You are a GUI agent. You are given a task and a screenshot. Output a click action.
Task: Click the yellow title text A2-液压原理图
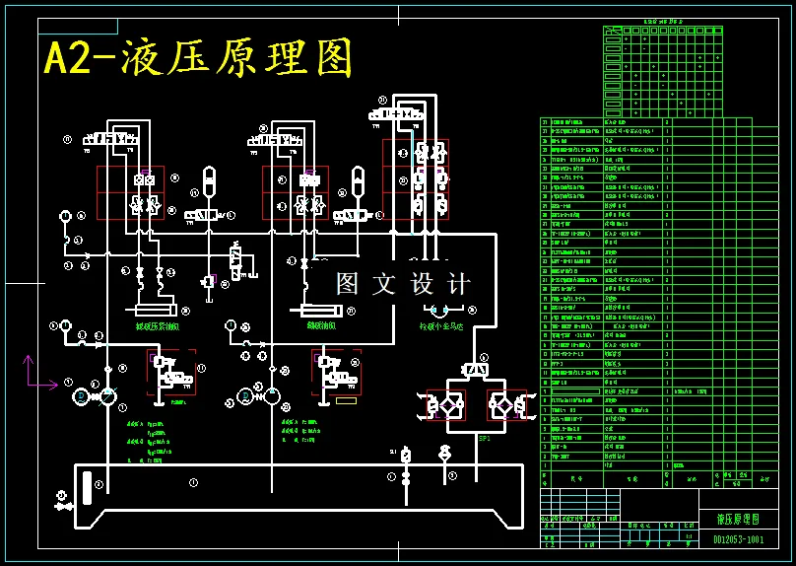pyautogui.click(x=198, y=59)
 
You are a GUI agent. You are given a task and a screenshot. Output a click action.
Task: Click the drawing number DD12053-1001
pyautogui.click(x=738, y=539)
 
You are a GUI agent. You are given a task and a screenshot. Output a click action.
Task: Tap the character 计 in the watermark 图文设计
pyautogui.click(x=458, y=284)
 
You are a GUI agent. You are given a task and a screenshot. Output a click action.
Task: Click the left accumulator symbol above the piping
pyautogui.click(x=208, y=183)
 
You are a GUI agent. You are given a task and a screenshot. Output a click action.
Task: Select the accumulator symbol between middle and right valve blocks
pyautogui.click(x=358, y=183)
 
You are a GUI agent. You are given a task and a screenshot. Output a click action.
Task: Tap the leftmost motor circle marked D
pyautogui.click(x=81, y=396)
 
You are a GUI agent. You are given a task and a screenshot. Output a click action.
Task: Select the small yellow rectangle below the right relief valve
pyautogui.click(x=343, y=401)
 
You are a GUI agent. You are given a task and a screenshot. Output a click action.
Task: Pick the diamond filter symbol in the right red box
pyautogui.click(x=501, y=406)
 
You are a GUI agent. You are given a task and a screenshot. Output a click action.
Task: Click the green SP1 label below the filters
pyautogui.click(x=484, y=438)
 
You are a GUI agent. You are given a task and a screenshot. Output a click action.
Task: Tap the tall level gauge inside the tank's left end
pyautogui.click(x=98, y=485)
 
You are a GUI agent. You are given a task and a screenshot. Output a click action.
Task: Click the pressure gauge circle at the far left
pyautogui.click(x=65, y=216)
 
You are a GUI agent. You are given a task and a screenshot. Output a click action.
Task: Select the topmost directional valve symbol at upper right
pyautogui.click(x=396, y=115)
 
